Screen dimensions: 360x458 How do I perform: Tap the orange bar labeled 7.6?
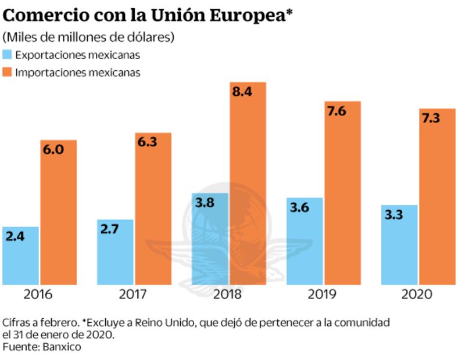pyautogui.click(x=342, y=197)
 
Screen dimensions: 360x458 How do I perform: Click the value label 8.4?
pyautogui.click(x=242, y=92)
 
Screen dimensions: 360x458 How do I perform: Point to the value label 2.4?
pyautogui.click(x=16, y=236)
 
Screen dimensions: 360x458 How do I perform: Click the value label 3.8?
pyautogui.click(x=204, y=203)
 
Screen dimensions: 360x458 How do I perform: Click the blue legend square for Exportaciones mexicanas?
pyautogui.click(x=8, y=55)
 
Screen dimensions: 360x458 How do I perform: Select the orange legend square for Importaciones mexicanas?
pyautogui.click(x=8, y=73)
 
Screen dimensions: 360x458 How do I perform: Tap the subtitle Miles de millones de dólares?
pyautogui.click(x=89, y=37)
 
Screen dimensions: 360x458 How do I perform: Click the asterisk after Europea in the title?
pyautogui.click(x=288, y=13)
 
